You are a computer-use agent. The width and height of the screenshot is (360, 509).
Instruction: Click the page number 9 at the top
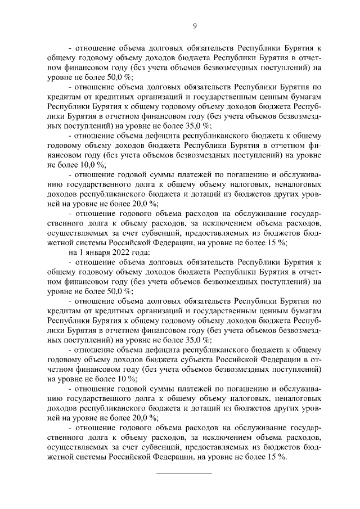point(195,26)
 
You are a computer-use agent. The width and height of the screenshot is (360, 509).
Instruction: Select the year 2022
point(120,253)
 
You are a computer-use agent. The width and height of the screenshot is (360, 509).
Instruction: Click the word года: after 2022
point(141,253)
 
